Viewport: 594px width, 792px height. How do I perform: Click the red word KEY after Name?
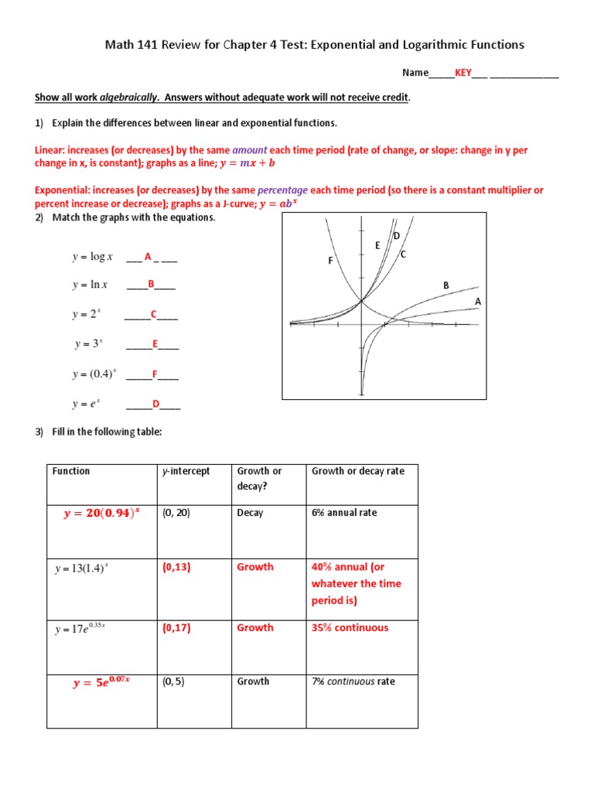pos(463,73)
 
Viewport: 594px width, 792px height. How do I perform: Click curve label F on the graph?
pos(329,261)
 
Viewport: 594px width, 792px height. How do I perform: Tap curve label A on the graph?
pos(477,301)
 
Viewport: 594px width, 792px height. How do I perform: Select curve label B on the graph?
pos(445,285)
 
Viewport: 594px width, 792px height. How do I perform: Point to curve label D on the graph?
pos(396,235)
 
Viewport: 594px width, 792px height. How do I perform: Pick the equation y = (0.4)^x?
pos(94,374)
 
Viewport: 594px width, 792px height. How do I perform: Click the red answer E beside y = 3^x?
pos(155,344)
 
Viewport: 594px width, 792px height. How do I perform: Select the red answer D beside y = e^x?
pos(155,404)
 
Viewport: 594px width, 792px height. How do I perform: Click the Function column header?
pos(71,471)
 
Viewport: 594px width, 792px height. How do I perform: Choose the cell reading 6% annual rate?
pos(344,513)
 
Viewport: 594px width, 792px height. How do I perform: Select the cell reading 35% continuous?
pos(350,628)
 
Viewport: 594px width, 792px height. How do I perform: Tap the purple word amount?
pos(249,150)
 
